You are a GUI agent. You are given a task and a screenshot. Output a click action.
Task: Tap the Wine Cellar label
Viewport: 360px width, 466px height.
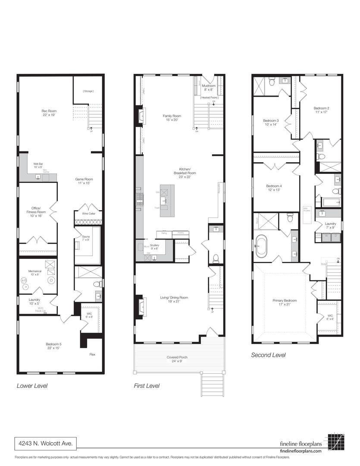click(x=89, y=213)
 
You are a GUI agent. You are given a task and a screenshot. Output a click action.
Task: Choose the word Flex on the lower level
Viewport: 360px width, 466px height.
click(x=92, y=354)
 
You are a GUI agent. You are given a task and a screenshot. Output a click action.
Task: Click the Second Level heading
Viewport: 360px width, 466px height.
click(x=268, y=355)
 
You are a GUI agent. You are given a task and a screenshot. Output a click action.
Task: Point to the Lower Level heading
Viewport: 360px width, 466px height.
click(x=32, y=386)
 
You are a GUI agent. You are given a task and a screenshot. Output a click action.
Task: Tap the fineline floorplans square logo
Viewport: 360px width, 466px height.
click(x=335, y=442)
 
